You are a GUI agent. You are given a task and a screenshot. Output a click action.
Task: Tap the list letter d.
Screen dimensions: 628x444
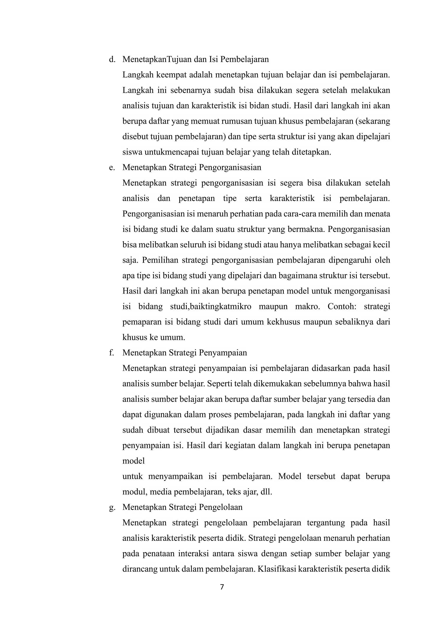[112, 59]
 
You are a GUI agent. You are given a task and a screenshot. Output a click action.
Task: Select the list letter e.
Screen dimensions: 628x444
[112, 167]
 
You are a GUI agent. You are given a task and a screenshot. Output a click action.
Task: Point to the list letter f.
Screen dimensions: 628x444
[111, 353]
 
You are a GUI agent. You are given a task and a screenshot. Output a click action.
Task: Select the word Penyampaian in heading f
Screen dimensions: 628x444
[223, 353]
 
